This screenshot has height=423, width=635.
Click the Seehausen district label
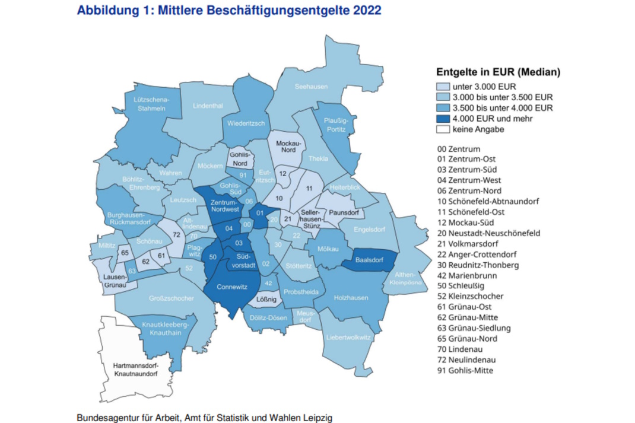(x=311, y=87)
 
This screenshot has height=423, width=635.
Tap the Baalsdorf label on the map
(x=369, y=260)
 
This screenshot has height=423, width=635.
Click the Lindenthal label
(x=208, y=106)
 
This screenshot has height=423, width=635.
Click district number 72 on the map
(x=176, y=236)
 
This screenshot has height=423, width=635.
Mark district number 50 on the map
(x=212, y=256)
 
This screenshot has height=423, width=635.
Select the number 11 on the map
(x=309, y=188)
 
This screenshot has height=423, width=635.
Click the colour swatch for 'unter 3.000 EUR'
(x=443, y=86)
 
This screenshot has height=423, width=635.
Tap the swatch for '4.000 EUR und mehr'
(x=443, y=119)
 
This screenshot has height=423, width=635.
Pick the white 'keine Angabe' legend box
(x=443, y=129)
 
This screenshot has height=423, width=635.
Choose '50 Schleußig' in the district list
(x=462, y=285)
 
